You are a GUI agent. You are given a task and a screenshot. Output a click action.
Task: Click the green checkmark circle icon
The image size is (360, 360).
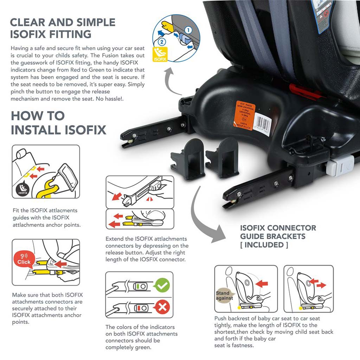click(x=162, y=286)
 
